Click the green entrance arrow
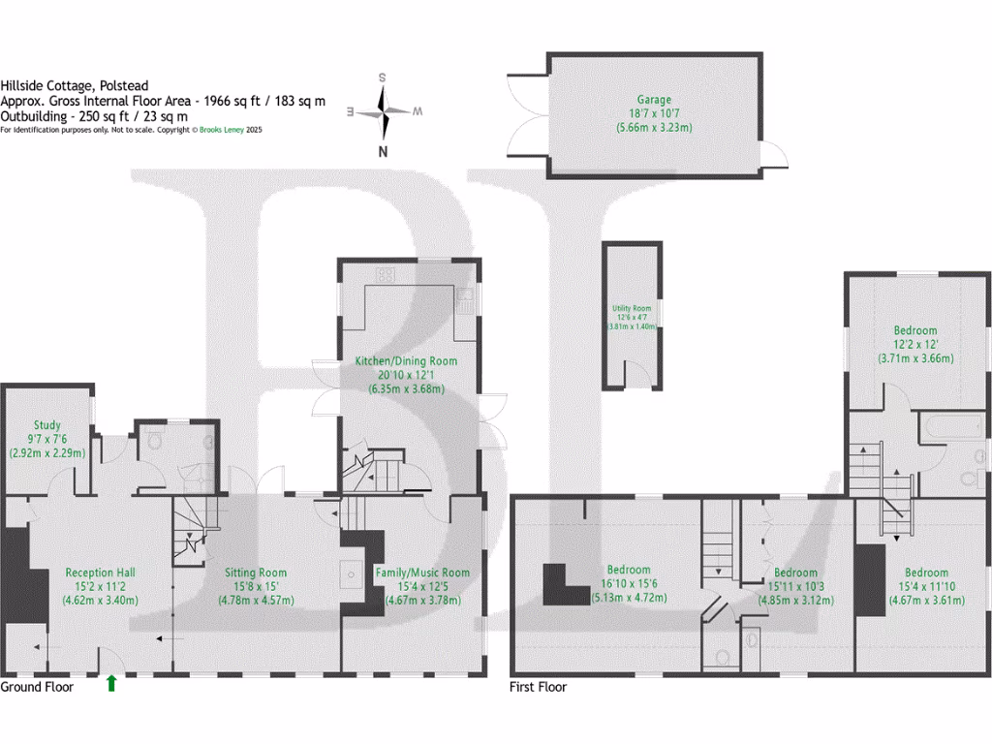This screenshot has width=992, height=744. pyautogui.click(x=111, y=683)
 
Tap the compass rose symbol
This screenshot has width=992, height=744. pyautogui.click(x=385, y=112)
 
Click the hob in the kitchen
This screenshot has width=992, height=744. pyautogui.click(x=385, y=274)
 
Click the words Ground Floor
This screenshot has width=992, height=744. pyautogui.click(x=37, y=687)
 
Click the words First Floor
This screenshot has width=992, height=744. pyautogui.click(x=539, y=687)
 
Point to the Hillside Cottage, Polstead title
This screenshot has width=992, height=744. pyautogui.click(x=75, y=85)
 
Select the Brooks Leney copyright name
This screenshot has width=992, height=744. pyautogui.click(x=221, y=130)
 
